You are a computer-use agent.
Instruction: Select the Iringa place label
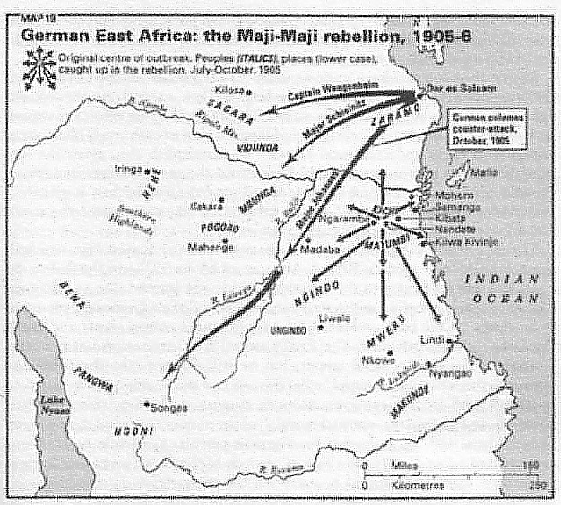[129, 168]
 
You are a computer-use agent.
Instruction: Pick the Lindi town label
[434, 339]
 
